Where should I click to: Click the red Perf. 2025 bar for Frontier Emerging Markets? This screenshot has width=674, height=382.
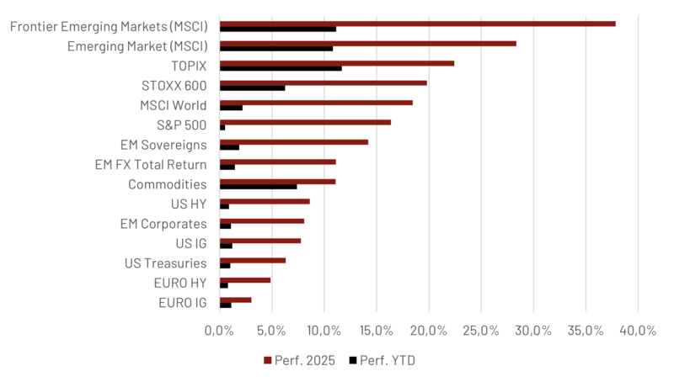click(x=417, y=24)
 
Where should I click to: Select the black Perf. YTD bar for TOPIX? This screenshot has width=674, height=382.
click(x=281, y=68)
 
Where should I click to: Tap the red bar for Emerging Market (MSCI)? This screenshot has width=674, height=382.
click(x=367, y=43)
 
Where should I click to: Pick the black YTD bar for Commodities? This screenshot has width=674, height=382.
click(x=258, y=187)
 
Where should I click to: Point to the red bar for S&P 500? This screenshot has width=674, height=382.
click(x=305, y=122)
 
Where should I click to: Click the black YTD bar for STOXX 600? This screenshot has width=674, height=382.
click(x=252, y=88)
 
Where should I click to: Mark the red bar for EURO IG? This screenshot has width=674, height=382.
click(x=235, y=300)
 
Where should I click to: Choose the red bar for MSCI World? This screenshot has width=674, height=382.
click(x=316, y=103)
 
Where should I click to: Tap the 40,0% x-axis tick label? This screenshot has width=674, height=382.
click(x=637, y=330)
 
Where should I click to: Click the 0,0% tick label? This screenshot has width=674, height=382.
click(x=219, y=330)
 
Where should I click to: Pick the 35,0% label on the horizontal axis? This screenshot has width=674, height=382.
click(x=585, y=330)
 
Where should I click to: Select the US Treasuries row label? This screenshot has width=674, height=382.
click(x=165, y=263)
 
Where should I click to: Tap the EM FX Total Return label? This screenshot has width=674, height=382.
click(x=152, y=164)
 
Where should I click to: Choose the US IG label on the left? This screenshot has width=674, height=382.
click(x=190, y=244)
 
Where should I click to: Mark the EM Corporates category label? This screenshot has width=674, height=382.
click(x=163, y=224)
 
